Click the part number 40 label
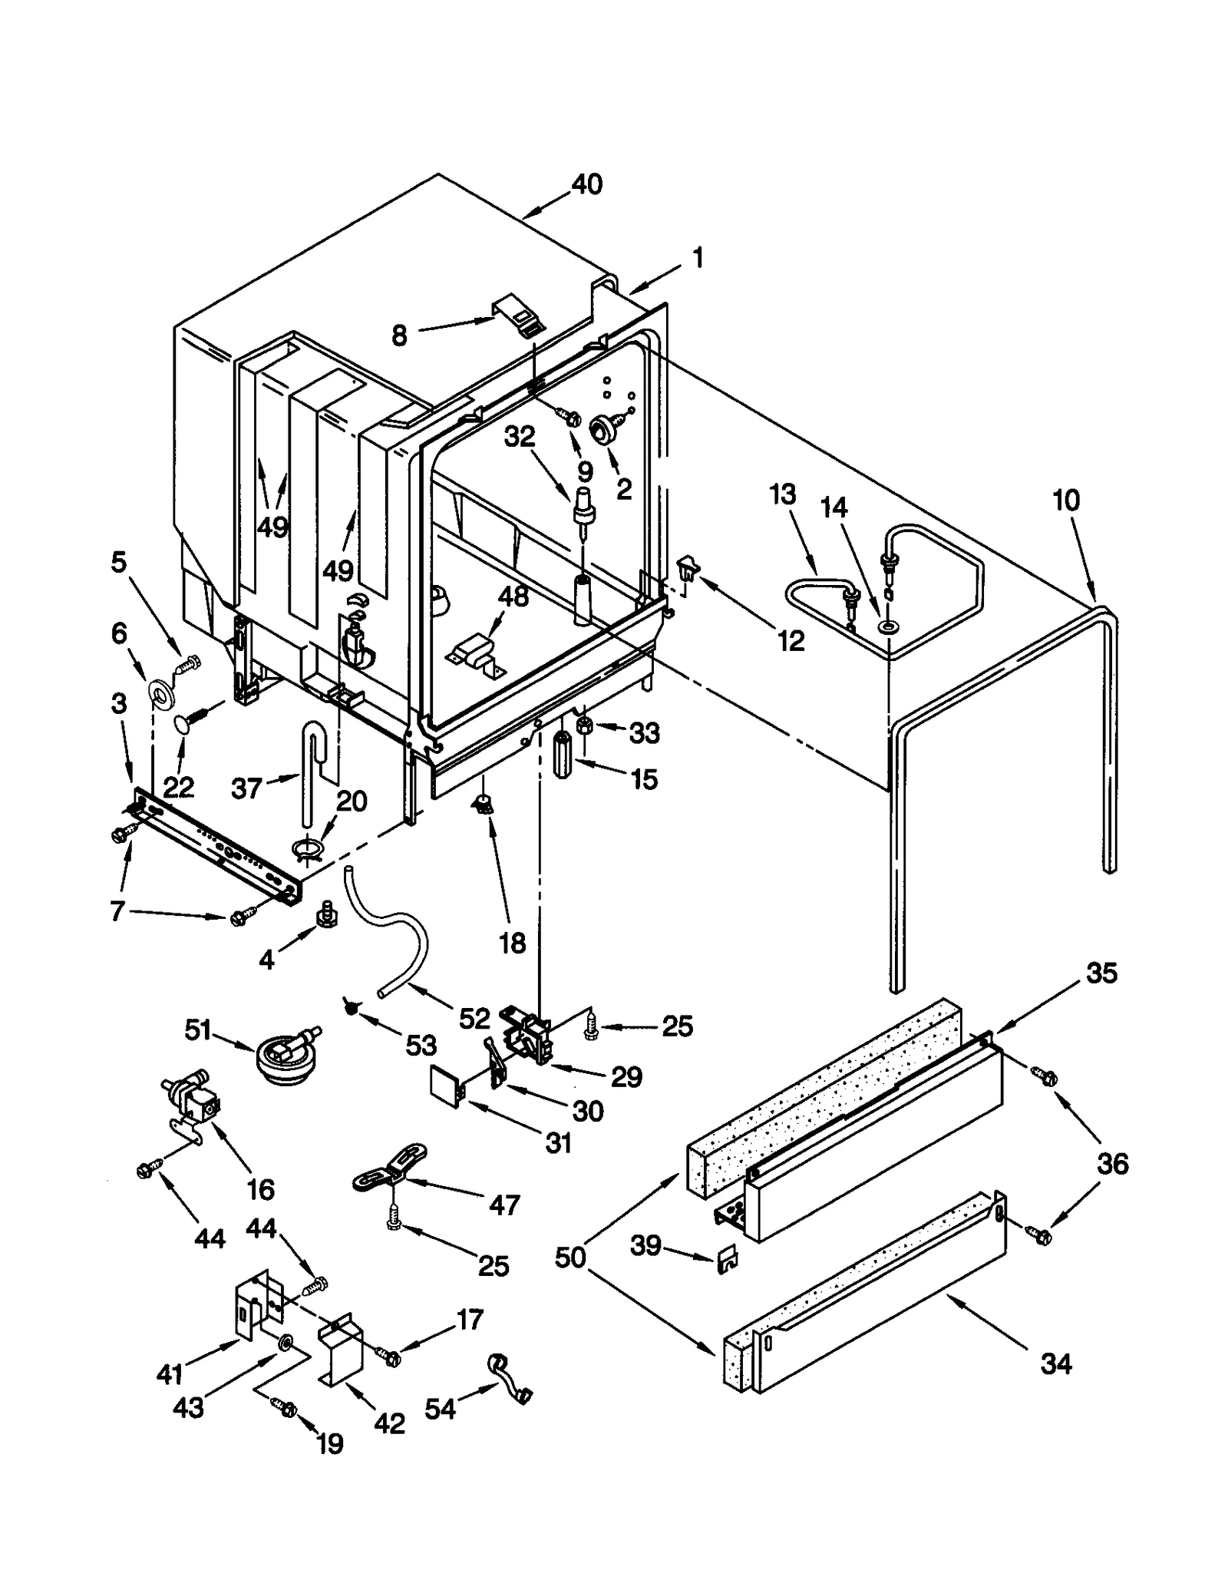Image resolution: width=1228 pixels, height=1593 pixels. pos(587,185)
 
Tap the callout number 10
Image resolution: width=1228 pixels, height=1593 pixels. pos(1066,501)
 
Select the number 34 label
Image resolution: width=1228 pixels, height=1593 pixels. pos(1056,1364)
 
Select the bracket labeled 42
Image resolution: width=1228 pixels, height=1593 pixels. pos(340,1350)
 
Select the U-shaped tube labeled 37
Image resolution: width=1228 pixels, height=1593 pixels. pos(310,768)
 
